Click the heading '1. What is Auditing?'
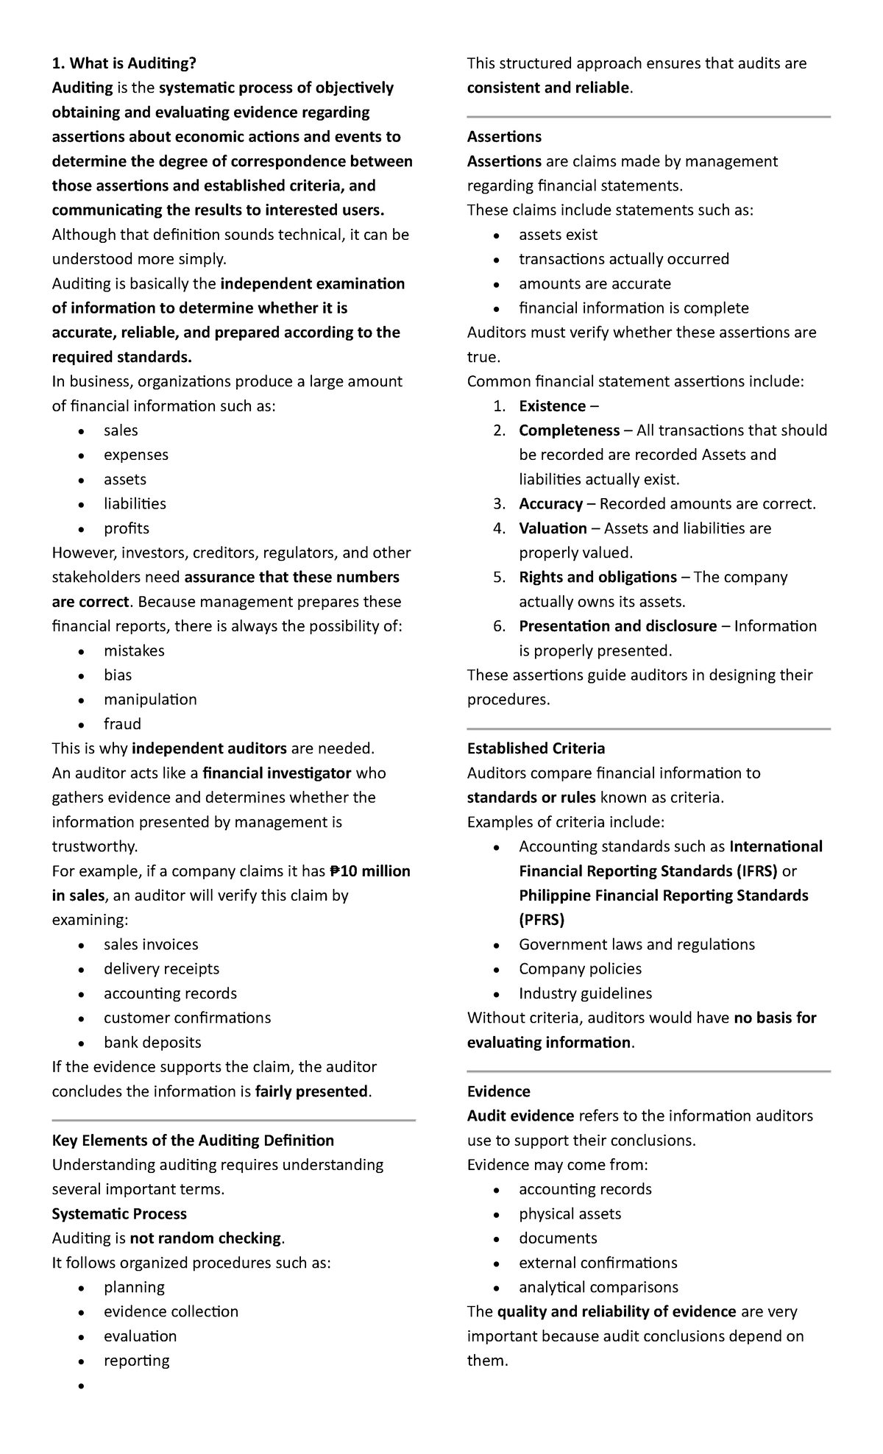pos(124,63)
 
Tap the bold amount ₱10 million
pos(369,871)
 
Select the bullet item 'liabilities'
pos(135,504)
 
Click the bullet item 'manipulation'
pos(150,700)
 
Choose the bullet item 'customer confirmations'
pos(187,1018)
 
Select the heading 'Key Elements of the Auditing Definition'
pos(193,1141)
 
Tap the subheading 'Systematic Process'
pos(119,1214)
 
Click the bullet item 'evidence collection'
pos(171,1312)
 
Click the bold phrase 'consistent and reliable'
pos(548,88)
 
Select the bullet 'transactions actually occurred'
pos(623,259)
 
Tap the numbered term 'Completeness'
pos(569,430)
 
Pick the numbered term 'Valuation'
pos(553,528)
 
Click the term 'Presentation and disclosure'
pos(617,626)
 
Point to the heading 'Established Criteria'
pos(536,749)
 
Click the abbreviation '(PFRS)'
pos(542,920)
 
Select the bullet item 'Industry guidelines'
pos(585,993)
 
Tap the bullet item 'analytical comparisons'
pos(598,1288)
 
